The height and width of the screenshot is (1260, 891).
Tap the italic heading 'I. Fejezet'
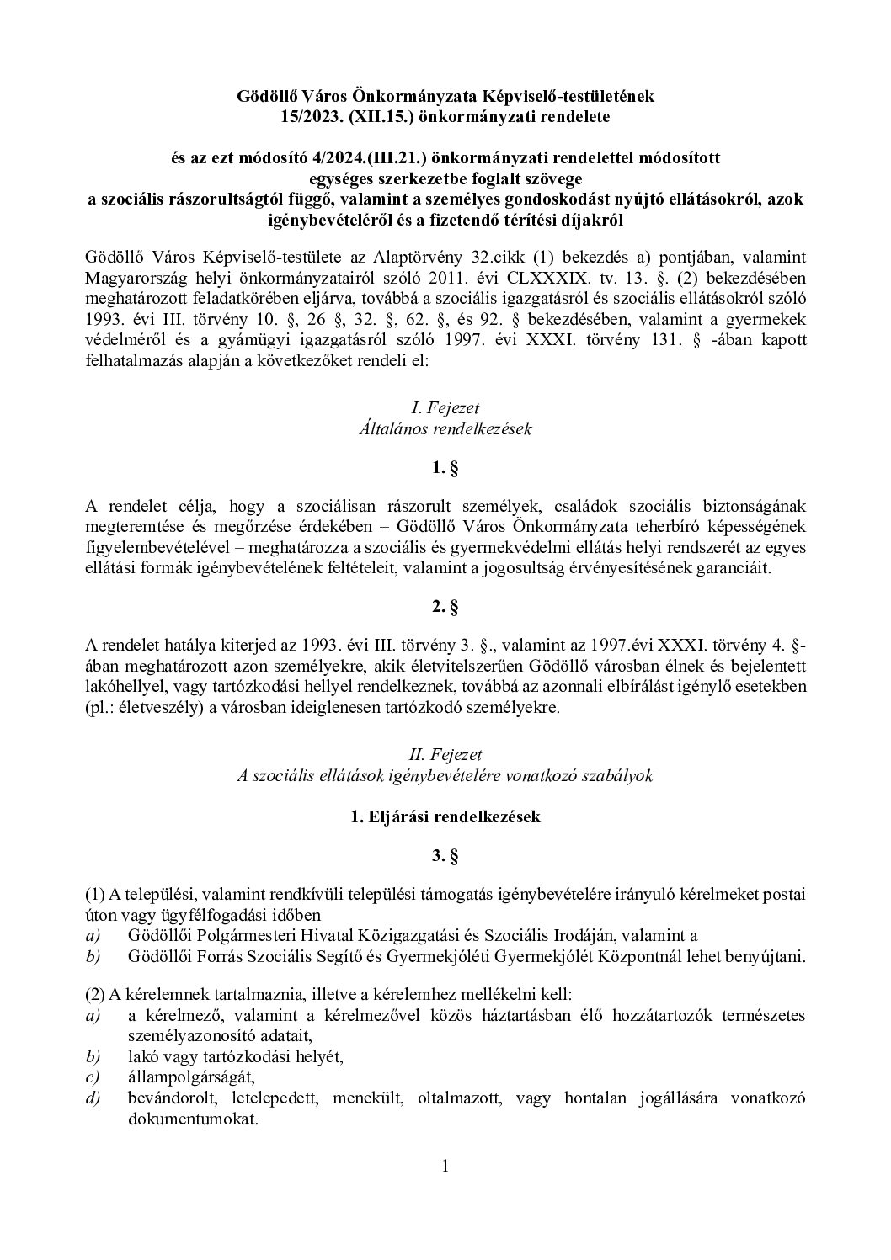pos(445,408)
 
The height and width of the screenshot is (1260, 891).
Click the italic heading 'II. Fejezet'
pos(445,755)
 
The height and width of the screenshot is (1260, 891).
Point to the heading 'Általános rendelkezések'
pos(445,428)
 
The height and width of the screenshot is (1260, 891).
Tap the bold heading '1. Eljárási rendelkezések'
pos(445,816)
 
